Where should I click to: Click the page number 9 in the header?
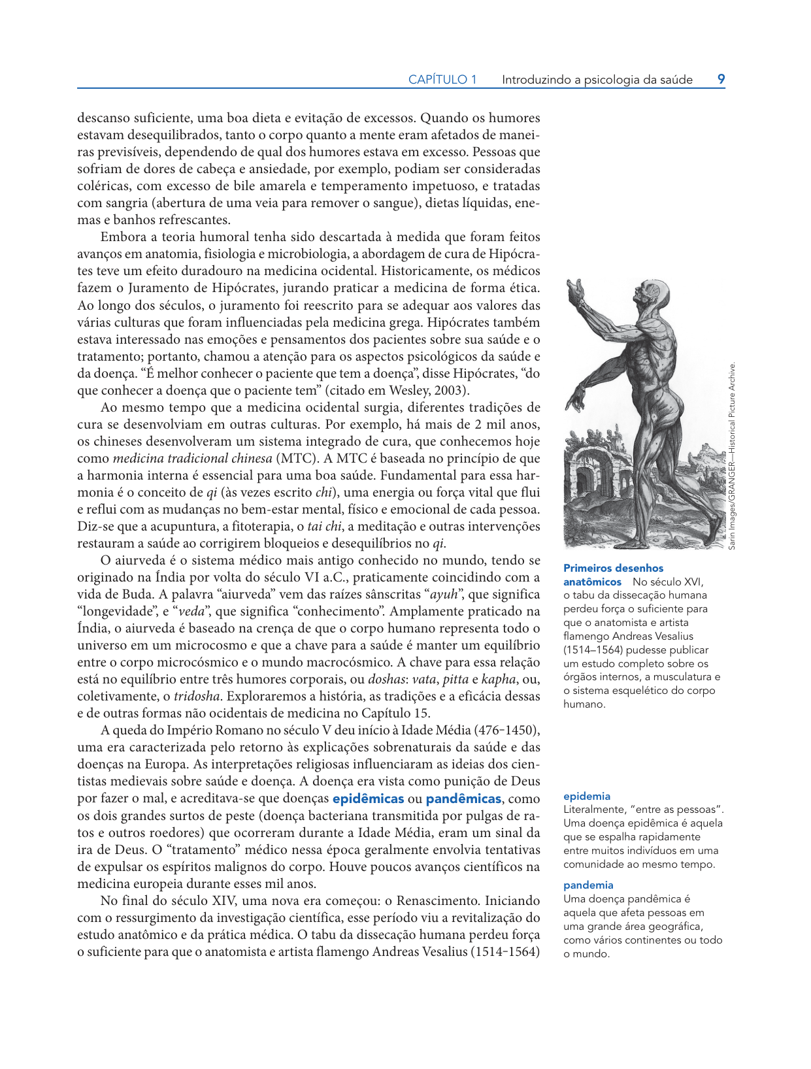point(721,79)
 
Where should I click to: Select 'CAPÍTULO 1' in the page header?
point(442,80)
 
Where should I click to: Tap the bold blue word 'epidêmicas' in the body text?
point(368,798)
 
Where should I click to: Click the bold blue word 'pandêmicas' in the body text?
point(463,798)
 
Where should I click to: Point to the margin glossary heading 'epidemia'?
point(587,796)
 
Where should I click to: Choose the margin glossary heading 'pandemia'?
point(588,885)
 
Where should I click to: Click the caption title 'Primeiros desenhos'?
point(613,568)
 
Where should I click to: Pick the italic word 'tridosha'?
point(197,696)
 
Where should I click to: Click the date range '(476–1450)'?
point(507,730)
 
